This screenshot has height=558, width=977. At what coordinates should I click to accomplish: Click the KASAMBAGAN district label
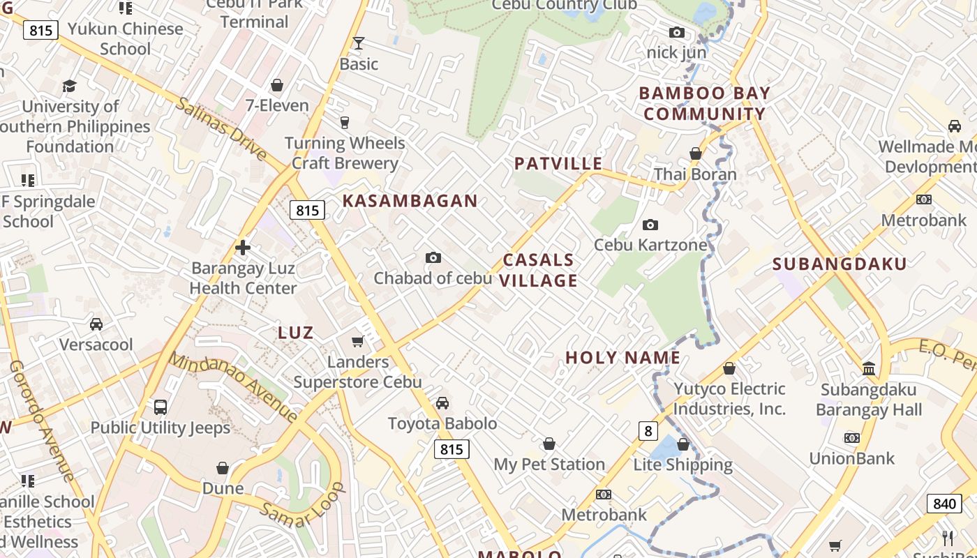[x=410, y=201]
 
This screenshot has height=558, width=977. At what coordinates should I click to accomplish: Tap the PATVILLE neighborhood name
[x=558, y=164]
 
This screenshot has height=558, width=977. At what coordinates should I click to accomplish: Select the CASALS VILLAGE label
[x=539, y=270]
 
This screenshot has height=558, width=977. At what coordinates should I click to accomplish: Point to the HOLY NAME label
[x=622, y=358]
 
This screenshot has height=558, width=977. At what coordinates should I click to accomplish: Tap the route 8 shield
[x=648, y=431]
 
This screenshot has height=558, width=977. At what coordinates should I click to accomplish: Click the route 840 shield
[x=944, y=504]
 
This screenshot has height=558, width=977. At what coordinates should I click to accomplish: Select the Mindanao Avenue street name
[x=234, y=387]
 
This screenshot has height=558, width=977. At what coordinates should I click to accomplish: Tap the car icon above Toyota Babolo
[x=442, y=402]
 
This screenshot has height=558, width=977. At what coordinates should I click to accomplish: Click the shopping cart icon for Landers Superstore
[x=358, y=341]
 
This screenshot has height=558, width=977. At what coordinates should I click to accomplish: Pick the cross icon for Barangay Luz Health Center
[x=243, y=248]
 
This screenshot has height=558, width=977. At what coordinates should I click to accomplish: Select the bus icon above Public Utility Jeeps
[x=161, y=407]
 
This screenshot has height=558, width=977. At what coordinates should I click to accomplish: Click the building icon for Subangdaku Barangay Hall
[x=869, y=368]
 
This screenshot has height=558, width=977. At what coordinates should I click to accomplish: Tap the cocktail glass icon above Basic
[x=359, y=43]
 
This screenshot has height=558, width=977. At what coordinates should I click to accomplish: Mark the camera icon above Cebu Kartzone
[x=650, y=225]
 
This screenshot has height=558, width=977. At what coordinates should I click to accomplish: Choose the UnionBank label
[x=851, y=458]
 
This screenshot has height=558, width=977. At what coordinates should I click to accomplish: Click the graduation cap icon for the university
[x=69, y=86]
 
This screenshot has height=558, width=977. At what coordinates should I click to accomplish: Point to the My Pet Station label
[x=549, y=464]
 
